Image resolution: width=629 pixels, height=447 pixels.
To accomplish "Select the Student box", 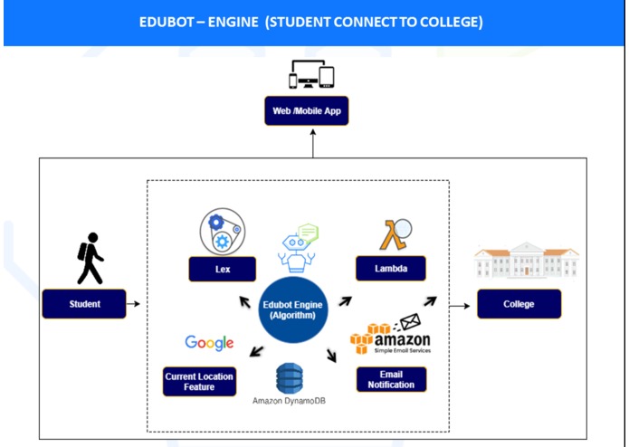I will (84, 304).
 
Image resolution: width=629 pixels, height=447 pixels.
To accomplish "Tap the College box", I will (519, 304).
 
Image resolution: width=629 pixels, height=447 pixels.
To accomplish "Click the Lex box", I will (222, 269).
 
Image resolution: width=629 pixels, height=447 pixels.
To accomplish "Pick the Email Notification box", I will (390, 379).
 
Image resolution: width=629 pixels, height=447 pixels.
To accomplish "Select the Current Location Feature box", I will (199, 381).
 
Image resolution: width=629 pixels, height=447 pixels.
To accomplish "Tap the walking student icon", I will (90, 258).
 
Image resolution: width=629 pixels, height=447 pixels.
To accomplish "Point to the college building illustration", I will (527, 261).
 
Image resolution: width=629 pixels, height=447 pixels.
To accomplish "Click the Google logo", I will (209, 342).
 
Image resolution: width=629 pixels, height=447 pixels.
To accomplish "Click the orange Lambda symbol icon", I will (394, 234).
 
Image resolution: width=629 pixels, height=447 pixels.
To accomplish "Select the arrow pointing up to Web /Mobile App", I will (313, 142).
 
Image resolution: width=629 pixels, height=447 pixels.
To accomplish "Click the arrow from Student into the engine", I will (136, 304).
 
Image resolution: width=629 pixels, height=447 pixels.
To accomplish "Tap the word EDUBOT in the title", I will (171, 22).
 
